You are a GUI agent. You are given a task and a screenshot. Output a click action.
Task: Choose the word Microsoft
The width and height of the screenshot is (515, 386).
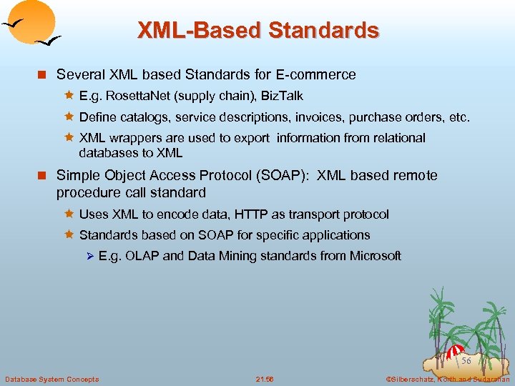(375, 256)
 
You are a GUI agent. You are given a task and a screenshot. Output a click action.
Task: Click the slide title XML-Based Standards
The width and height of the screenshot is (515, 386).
(257, 31)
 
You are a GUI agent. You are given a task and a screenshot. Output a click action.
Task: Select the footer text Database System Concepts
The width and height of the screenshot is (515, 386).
(51, 379)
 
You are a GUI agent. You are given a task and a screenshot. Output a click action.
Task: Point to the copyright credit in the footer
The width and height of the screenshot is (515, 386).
(447, 379)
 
